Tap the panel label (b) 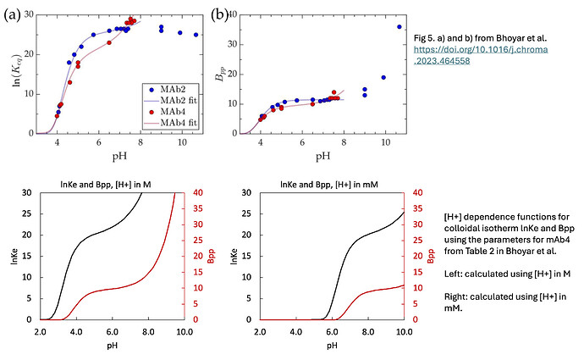coord(218,14)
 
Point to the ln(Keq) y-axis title coord(14,75)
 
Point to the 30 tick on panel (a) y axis coord(28,15)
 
